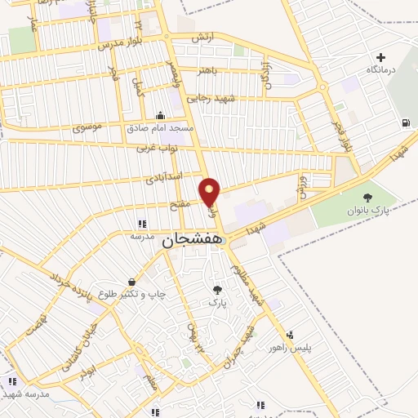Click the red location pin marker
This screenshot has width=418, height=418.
tap(210, 193)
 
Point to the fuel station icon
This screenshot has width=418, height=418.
tap(406, 123)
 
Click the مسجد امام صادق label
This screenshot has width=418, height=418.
tap(160, 129)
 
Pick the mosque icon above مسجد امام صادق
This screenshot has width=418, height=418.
tap(160, 115)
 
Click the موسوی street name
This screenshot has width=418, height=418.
tap(88, 127)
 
